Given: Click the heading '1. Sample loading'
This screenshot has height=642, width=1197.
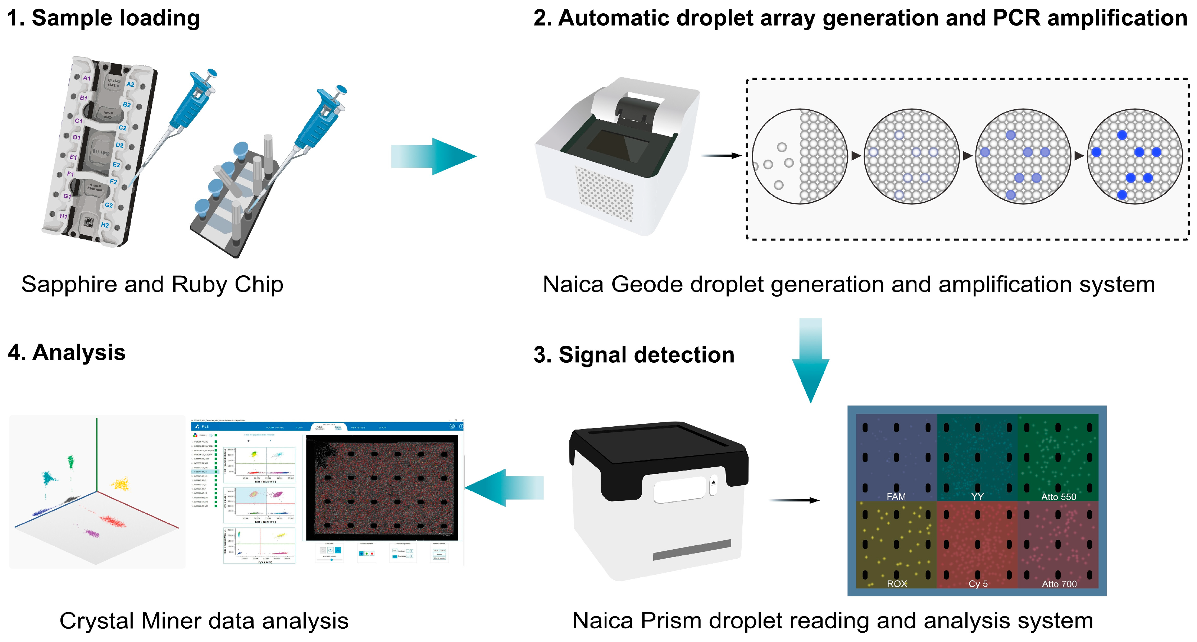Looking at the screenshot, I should pyautogui.click(x=103, y=19).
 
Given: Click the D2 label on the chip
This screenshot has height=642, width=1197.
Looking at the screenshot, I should pyautogui.click(x=119, y=145).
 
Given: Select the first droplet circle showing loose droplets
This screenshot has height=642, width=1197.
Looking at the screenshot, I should pyautogui.click(x=800, y=157).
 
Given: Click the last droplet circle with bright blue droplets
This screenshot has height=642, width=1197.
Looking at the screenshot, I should pyautogui.click(x=1135, y=157).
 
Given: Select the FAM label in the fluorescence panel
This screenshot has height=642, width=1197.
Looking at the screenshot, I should pyautogui.click(x=896, y=496).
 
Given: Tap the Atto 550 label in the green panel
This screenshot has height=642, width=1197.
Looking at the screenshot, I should pyautogui.click(x=1058, y=497).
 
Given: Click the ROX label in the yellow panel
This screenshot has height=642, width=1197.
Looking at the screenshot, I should pyautogui.click(x=896, y=583).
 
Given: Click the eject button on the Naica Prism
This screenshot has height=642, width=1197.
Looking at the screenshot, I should pyautogui.click(x=713, y=484).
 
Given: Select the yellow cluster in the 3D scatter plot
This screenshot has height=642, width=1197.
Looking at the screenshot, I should pyautogui.click(x=121, y=484).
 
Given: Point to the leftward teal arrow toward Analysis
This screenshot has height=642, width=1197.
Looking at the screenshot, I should pyautogui.click(x=504, y=487).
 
